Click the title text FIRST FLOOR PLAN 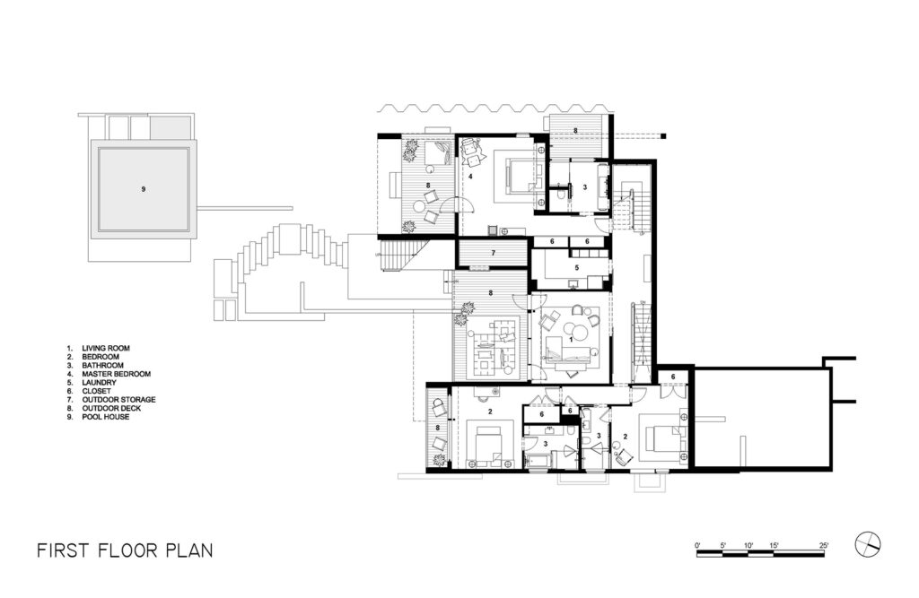point(125,550)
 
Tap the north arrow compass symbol point(868,545)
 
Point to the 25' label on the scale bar point(824,545)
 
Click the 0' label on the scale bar point(697,545)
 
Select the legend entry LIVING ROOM point(106,348)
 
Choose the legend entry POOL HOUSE point(106,417)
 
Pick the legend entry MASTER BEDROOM point(116,374)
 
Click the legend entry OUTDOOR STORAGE point(119,400)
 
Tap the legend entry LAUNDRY point(99,383)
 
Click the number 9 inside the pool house point(143,189)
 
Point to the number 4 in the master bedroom point(470,175)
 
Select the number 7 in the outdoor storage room point(494,253)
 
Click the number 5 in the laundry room point(577,268)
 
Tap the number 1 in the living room point(571,339)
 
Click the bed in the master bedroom point(520,175)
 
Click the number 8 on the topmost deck point(575,131)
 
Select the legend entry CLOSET point(96,391)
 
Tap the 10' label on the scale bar point(748,545)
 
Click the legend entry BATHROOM point(102,365)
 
